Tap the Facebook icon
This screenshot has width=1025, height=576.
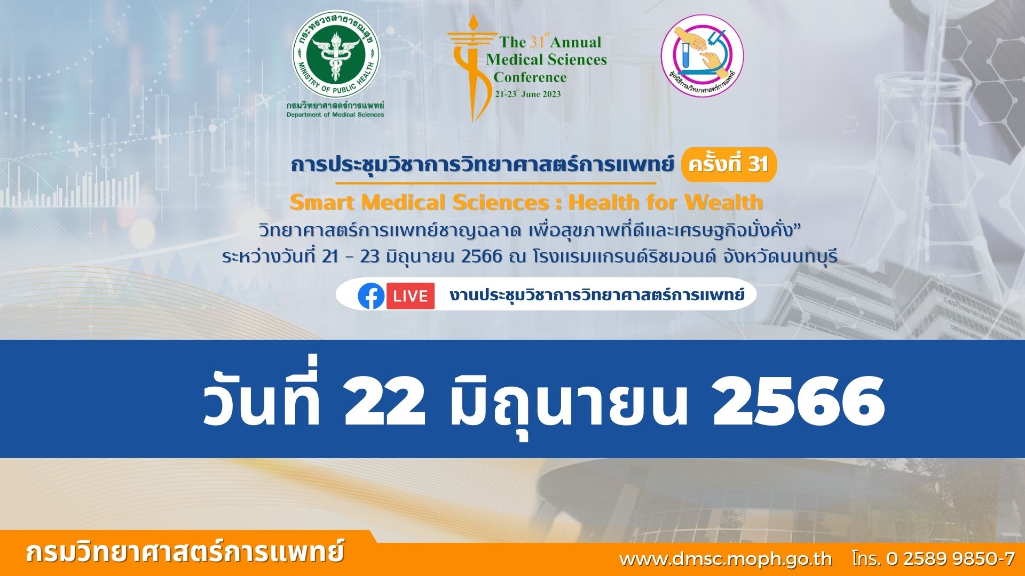[x=371, y=296]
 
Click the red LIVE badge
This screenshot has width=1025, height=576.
[x=411, y=296]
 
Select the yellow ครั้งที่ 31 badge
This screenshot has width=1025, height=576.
[x=729, y=164]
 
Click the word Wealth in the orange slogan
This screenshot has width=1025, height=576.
[x=724, y=203]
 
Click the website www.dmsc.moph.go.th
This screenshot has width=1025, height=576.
[x=726, y=558]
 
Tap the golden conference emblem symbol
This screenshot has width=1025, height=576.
[x=469, y=68]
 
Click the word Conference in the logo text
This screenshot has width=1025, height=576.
[x=530, y=77]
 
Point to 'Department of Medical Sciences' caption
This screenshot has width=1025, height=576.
[x=335, y=115]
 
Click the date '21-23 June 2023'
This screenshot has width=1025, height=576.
[x=528, y=94]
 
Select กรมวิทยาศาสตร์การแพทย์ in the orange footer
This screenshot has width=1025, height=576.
[x=185, y=553]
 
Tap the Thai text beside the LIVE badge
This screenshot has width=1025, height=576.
[x=597, y=294]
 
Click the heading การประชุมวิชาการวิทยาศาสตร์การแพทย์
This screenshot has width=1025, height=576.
[x=482, y=165]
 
